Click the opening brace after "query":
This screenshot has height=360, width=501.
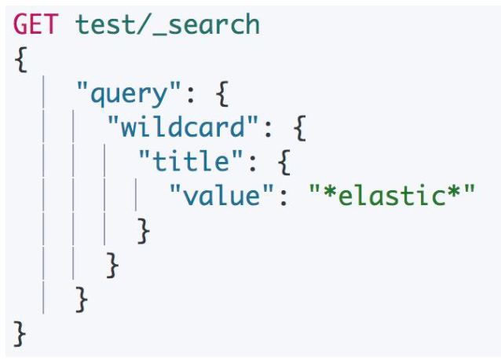222,95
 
